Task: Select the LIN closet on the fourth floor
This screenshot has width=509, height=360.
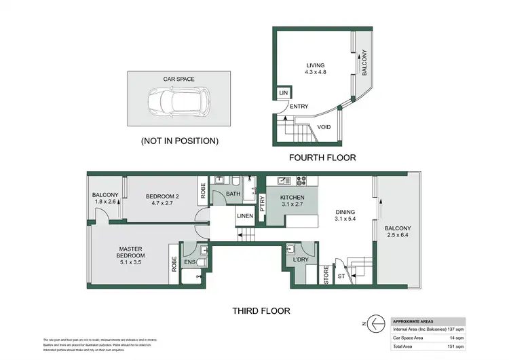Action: [283, 93]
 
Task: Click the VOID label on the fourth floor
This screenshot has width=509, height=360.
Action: [324, 127]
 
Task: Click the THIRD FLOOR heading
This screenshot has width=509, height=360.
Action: [261, 311]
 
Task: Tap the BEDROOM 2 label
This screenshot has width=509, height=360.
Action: [161, 200]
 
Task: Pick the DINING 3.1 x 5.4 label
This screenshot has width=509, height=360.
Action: [345, 215]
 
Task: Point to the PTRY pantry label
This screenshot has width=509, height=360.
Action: [263, 201]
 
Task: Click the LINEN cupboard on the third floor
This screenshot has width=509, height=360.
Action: [244, 217]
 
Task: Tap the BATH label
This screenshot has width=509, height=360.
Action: [233, 194]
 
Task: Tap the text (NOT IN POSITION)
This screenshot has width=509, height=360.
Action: [179, 141]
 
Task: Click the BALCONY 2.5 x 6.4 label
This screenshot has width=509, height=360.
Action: [397, 232]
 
